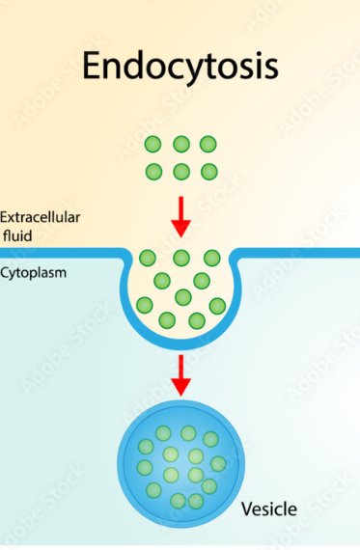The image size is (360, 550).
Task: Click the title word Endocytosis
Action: click(x=180, y=65)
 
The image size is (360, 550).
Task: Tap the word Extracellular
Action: click(x=39, y=216)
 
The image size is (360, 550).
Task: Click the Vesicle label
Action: click(x=268, y=509)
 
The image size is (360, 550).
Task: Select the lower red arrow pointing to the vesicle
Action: click(x=180, y=374)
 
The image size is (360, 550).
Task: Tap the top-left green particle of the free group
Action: click(x=153, y=145)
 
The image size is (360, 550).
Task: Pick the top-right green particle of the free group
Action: click(x=208, y=145)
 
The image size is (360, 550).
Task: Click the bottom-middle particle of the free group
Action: click(x=180, y=172)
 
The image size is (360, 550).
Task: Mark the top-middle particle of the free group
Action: click(x=180, y=145)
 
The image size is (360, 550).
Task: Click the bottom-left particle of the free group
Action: click(x=153, y=172)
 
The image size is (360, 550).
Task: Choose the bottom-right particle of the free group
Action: click(x=208, y=172)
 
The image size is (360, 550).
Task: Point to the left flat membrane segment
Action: click(x=58, y=254)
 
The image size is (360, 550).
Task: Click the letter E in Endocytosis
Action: click(x=91, y=65)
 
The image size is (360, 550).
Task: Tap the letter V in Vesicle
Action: click(x=245, y=509)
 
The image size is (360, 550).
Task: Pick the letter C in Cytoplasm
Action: click(x=5, y=273)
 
